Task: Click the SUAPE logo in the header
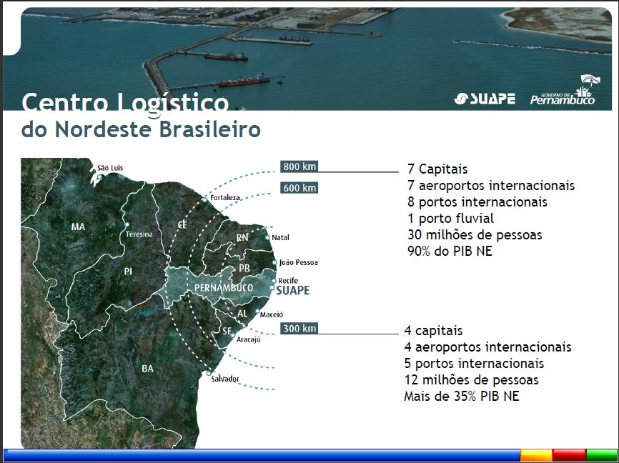[485, 99]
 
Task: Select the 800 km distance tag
[299, 167]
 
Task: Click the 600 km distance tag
[299, 188]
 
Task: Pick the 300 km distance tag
[299, 329]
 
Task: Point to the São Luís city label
[112, 168]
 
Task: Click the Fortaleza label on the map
[225, 197]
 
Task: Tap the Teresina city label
[139, 234]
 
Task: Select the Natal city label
[281, 237]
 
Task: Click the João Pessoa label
[298, 263]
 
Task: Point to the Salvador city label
[225, 379]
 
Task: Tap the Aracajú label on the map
[248, 340]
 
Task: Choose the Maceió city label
[272, 314]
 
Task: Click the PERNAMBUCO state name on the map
[224, 287]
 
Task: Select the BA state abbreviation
[147, 369]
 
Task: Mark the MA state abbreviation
[78, 226]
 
